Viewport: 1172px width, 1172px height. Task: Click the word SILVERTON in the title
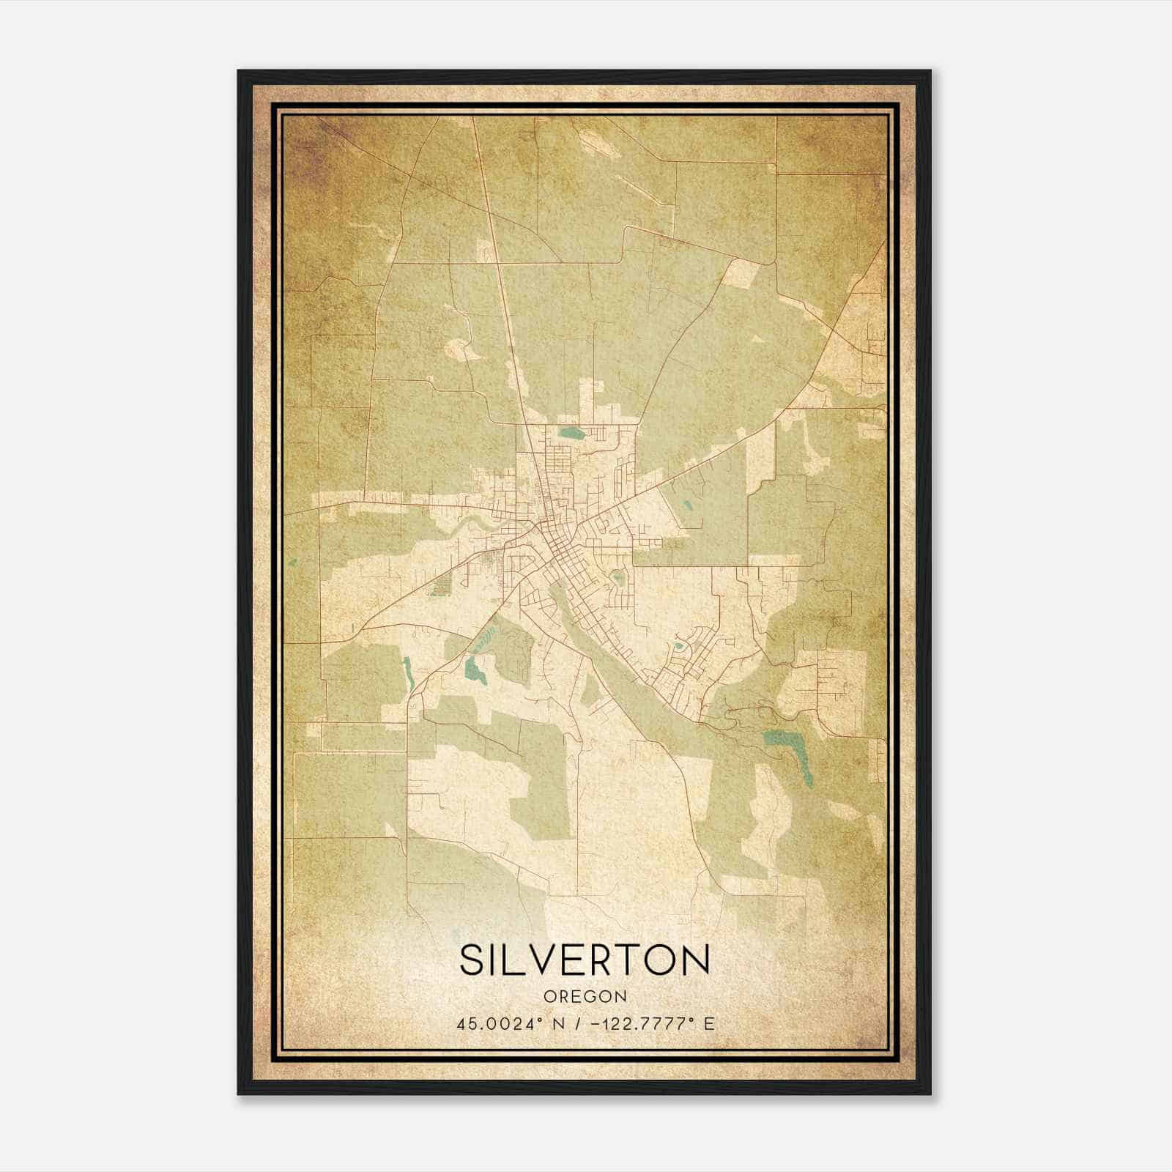click(585, 960)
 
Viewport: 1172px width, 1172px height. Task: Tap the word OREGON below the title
click(585, 997)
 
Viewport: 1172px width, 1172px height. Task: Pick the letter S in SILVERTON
click(472, 960)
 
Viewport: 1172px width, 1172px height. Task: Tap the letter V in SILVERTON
click(547, 960)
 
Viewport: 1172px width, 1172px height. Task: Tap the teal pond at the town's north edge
click(569, 431)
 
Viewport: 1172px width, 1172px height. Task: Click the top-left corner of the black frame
click(240, 72)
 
